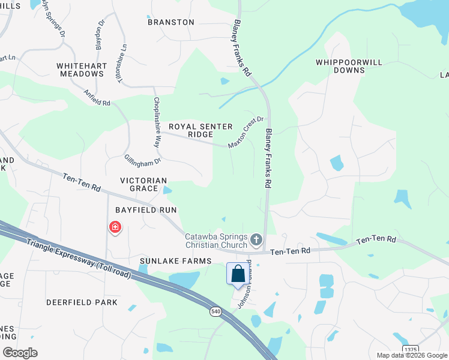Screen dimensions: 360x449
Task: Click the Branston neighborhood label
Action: click(x=172, y=22)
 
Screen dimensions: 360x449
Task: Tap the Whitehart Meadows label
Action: click(x=81, y=70)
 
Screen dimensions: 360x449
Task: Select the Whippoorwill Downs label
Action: click(x=340, y=66)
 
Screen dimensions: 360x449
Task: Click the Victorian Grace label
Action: click(x=143, y=184)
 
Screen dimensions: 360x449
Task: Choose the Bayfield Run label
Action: click(x=146, y=210)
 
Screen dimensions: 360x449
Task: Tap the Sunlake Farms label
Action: click(x=176, y=261)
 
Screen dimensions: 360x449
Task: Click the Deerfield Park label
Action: click(x=82, y=302)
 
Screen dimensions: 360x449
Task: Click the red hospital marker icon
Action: click(x=114, y=227)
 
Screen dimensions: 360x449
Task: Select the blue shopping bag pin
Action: click(x=238, y=274)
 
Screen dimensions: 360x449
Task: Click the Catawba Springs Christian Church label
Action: click(x=216, y=241)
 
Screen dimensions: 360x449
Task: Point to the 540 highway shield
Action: click(x=215, y=311)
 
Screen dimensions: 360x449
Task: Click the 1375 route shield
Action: click(x=411, y=349)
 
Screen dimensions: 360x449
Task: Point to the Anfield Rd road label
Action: click(x=97, y=98)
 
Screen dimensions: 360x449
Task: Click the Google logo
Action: click(x=20, y=353)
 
